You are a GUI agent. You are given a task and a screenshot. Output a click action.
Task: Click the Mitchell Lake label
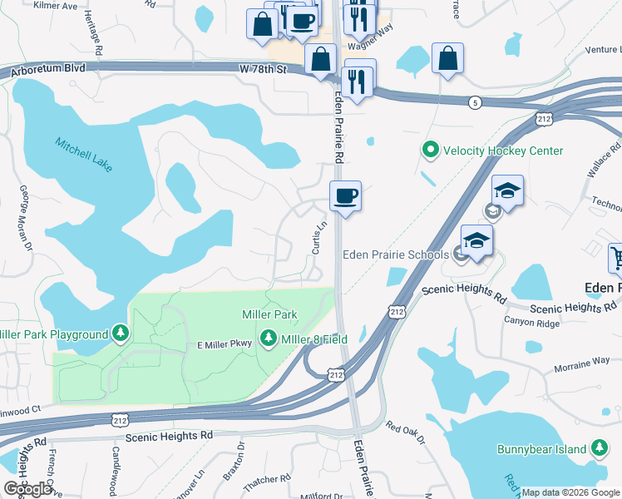click(x=84, y=155)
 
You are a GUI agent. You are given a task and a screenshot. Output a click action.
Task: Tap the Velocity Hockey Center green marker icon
click(x=430, y=151)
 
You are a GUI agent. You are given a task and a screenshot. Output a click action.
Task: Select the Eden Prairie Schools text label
click(x=393, y=254)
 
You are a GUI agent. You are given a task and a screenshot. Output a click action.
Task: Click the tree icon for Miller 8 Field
click(x=268, y=338)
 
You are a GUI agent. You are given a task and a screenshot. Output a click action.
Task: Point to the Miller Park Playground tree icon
click(x=121, y=334)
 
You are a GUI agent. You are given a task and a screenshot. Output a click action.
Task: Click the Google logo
click(x=27, y=489)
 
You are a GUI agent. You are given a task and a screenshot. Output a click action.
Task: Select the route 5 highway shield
click(x=475, y=102)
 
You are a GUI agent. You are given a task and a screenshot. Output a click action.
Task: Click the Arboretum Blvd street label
click(x=48, y=73)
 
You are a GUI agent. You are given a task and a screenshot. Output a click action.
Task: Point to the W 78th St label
click(x=262, y=69)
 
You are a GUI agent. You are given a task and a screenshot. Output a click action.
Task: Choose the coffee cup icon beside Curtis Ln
click(x=345, y=196)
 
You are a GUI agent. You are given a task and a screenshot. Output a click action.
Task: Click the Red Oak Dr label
click(x=405, y=432)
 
